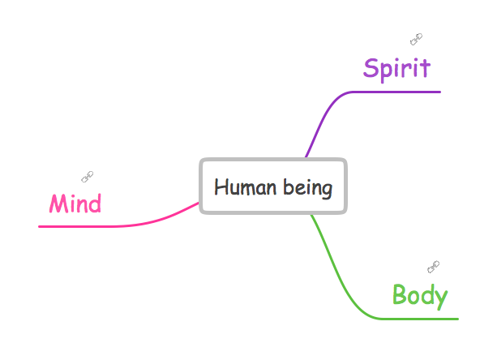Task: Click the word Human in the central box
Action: (240, 188)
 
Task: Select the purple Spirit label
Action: (396, 69)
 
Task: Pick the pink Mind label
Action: (75, 203)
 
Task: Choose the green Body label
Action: (419, 295)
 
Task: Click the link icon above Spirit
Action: (416, 39)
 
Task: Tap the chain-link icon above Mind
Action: (88, 177)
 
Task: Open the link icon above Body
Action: (434, 266)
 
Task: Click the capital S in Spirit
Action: (372, 69)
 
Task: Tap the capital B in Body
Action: (401, 295)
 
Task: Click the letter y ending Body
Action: (440, 298)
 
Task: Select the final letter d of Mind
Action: (96, 203)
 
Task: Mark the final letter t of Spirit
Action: (425, 69)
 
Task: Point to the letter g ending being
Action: (327, 191)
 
